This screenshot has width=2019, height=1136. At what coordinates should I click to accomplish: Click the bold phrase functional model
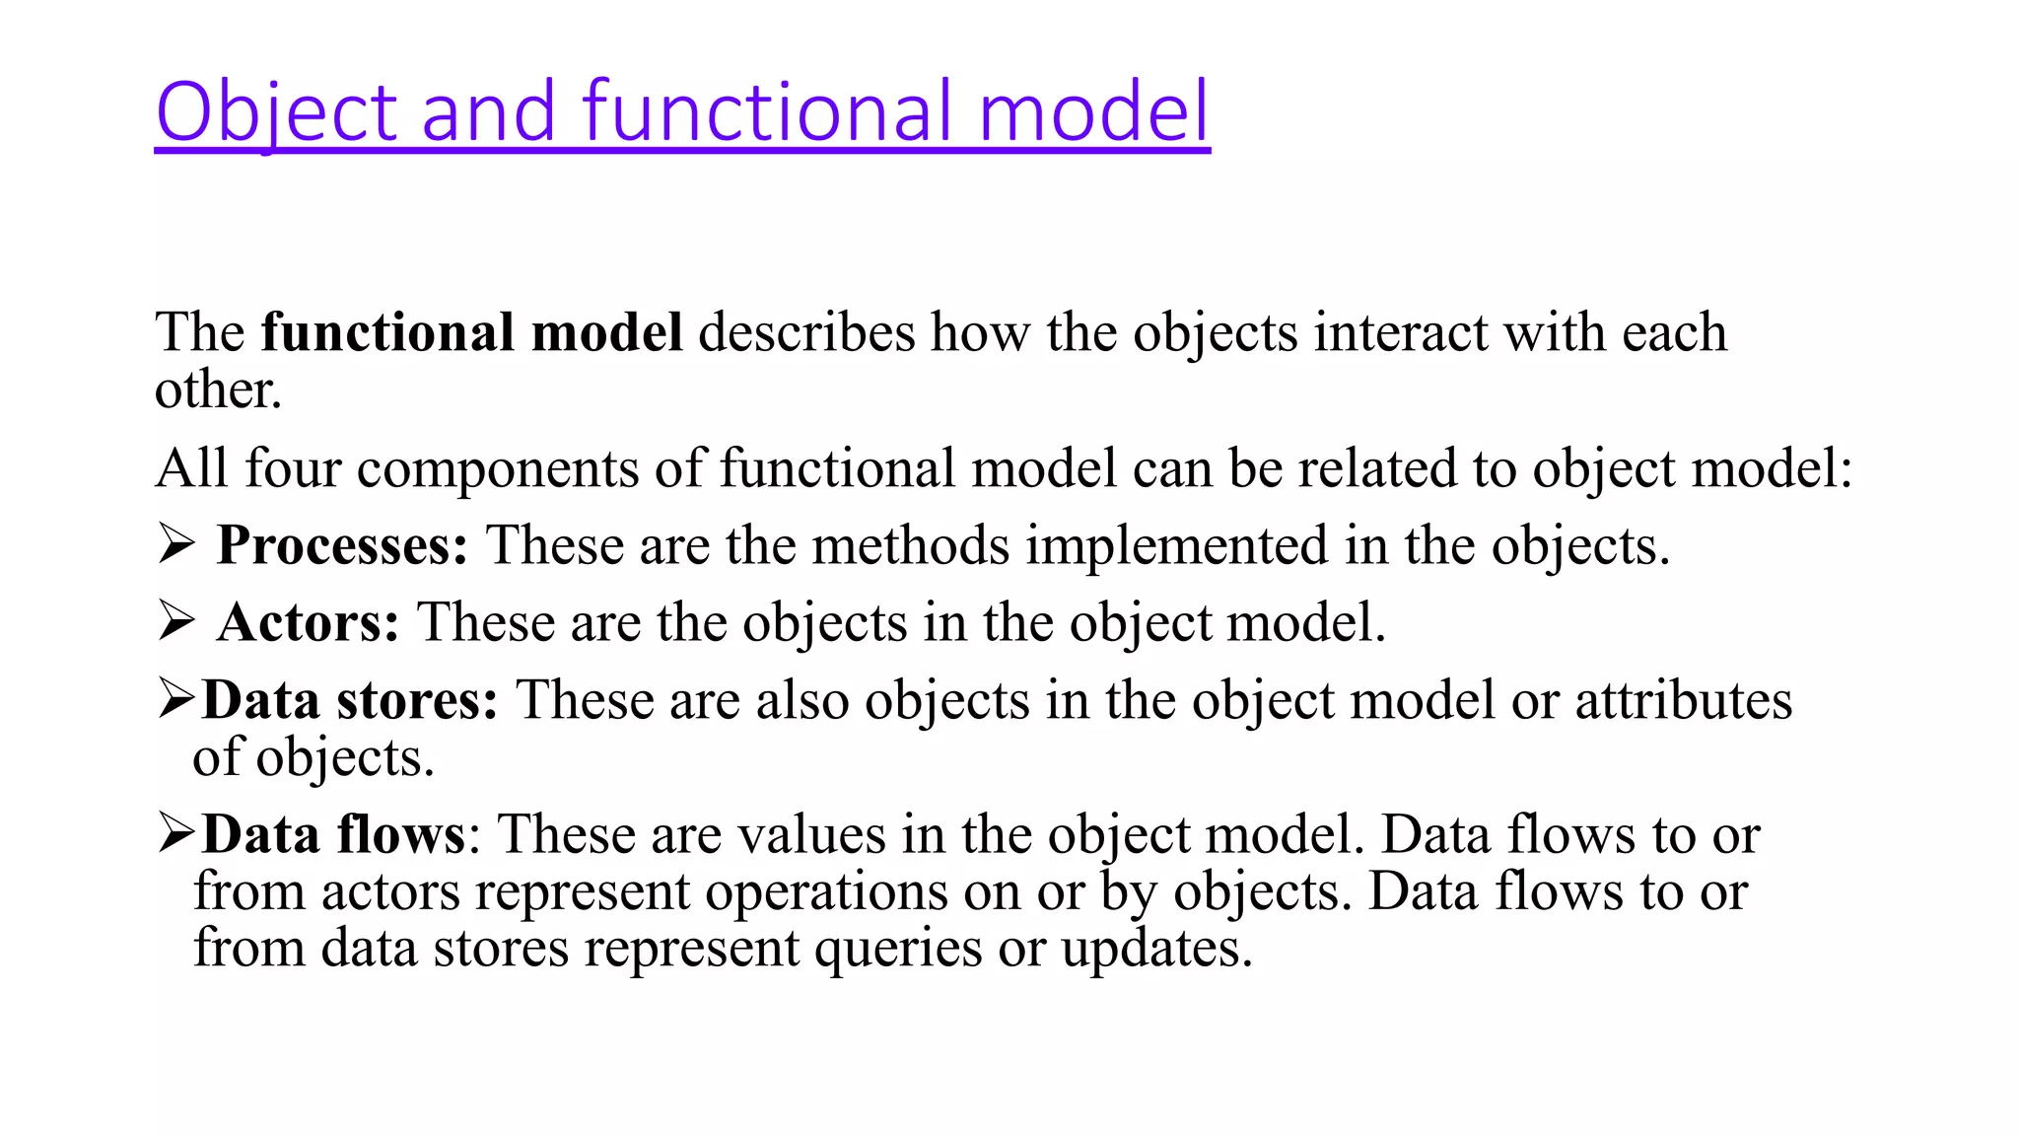point(471,332)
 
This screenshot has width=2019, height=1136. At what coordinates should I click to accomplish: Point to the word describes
point(806,332)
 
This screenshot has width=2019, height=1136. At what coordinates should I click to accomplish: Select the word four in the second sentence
point(293,468)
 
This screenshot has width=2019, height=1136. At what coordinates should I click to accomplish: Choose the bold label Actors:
point(308,623)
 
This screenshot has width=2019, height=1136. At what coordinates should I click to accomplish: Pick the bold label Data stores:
point(350,701)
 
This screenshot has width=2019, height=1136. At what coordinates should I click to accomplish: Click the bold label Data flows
point(333,835)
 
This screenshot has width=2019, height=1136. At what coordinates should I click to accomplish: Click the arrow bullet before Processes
point(175,545)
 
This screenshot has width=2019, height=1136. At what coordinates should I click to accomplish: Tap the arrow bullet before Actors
point(175,622)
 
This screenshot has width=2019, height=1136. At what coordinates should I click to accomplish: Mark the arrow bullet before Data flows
point(177,834)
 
